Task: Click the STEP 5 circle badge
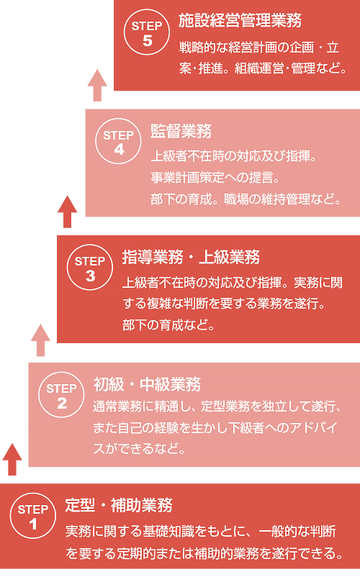pos(147,32)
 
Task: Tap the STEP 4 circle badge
pos(118,141)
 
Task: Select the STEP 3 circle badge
pos(90,268)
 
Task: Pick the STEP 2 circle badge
pos(61,395)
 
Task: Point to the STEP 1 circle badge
pos(33,516)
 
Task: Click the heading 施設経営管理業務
pos(240,21)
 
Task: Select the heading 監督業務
pos(181,131)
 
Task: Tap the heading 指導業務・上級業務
pos(191,258)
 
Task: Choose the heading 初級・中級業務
pos(147,384)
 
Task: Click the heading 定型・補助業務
pos(119,505)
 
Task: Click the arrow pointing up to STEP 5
pos(97,86)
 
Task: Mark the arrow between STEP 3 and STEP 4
pos(68,212)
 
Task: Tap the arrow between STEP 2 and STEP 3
pos(40,340)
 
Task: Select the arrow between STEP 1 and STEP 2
pos(12,460)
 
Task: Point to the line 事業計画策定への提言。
pos(215,178)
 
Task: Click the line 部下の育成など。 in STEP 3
pos(168,325)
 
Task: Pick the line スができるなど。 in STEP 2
pos(139,448)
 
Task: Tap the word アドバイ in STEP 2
pos(313,427)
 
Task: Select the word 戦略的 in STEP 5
pos(197,47)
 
